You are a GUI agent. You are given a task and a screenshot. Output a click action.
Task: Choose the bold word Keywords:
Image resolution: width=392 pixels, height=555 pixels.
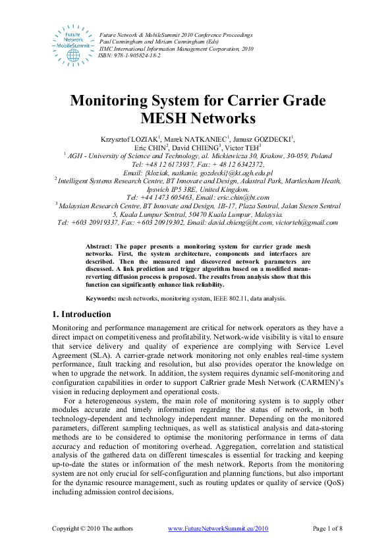(x=101, y=299)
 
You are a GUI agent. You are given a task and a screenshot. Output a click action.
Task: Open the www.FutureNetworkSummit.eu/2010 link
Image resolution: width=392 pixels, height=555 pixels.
(x=218, y=529)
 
